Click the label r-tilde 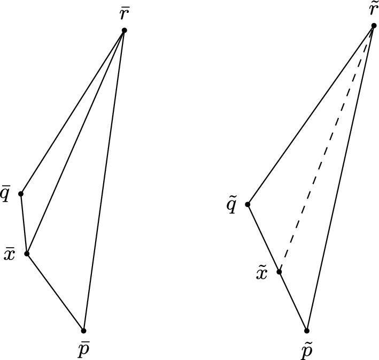tap(373, 10)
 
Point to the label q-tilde tap(232, 205)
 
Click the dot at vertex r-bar tap(124, 30)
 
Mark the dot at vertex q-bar tap(21, 193)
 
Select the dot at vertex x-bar tap(27, 254)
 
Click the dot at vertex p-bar tap(84, 331)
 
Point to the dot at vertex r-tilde tap(374, 26)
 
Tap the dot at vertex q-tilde tap(247, 204)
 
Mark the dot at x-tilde tap(279, 272)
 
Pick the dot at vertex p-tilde tap(307, 331)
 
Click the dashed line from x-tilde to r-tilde tap(326, 149)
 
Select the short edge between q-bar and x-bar tap(24, 224)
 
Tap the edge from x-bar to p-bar tap(55, 292)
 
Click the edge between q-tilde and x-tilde tap(263, 238)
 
